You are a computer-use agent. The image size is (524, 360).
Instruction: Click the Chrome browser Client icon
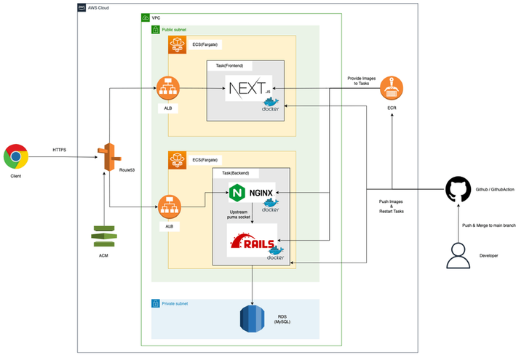(x=16, y=157)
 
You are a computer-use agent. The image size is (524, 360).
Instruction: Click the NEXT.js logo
(x=250, y=89)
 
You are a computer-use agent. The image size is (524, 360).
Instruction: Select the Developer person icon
(x=458, y=255)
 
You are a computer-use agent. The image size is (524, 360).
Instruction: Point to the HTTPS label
(x=60, y=150)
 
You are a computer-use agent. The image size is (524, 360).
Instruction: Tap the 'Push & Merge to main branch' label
(x=488, y=225)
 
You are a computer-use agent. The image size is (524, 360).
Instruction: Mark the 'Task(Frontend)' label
(x=231, y=65)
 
